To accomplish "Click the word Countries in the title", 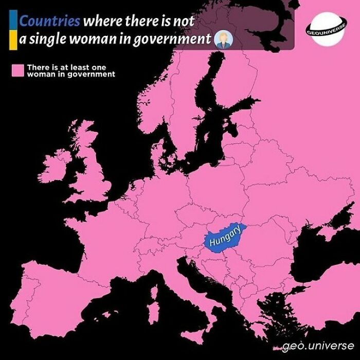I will (49, 22).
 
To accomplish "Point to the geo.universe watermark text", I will (321, 344).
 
